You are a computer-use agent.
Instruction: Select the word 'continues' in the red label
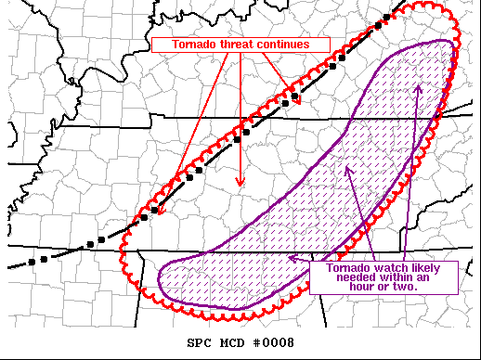(297, 45)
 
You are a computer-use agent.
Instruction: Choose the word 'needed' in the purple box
(348, 277)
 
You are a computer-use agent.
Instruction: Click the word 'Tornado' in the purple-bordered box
(338, 267)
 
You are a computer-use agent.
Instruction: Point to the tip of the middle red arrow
(240, 186)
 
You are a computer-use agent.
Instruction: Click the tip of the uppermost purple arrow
(418, 85)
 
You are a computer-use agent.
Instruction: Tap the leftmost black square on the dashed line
(31, 262)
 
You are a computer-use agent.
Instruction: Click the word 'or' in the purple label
(381, 288)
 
